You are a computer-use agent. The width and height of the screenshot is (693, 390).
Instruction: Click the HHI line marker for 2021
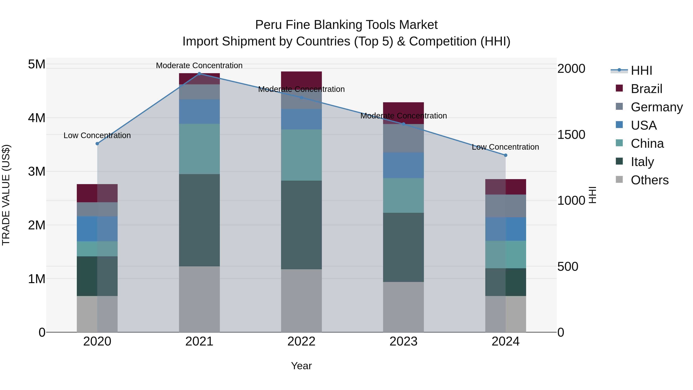click(199, 74)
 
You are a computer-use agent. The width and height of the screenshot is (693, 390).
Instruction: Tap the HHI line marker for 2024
click(506, 155)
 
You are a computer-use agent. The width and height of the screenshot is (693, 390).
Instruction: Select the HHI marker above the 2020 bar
click(97, 144)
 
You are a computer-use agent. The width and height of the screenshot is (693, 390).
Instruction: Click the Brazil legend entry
click(646, 89)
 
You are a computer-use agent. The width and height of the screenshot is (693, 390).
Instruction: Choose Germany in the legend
click(656, 107)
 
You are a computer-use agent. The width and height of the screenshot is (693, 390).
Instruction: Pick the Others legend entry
click(649, 180)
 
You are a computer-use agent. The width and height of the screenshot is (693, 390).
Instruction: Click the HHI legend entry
click(641, 70)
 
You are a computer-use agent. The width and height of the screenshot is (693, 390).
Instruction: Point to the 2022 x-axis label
click(301, 341)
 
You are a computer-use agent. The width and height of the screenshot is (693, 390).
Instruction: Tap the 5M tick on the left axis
click(37, 64)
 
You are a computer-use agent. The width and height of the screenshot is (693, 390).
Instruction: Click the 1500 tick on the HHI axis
click(571, 135)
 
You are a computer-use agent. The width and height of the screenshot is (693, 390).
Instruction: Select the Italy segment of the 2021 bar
click(199, 220)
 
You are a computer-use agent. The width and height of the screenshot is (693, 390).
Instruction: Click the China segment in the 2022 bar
click(301, 155)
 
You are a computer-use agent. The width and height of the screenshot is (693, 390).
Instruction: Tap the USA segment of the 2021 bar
click(199, 112)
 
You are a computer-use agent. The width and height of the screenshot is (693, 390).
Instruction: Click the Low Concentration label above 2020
click(97, 135)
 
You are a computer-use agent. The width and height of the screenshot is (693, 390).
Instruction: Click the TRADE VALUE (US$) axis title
click(6, 195)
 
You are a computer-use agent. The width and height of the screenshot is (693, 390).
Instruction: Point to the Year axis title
click(301, 366)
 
